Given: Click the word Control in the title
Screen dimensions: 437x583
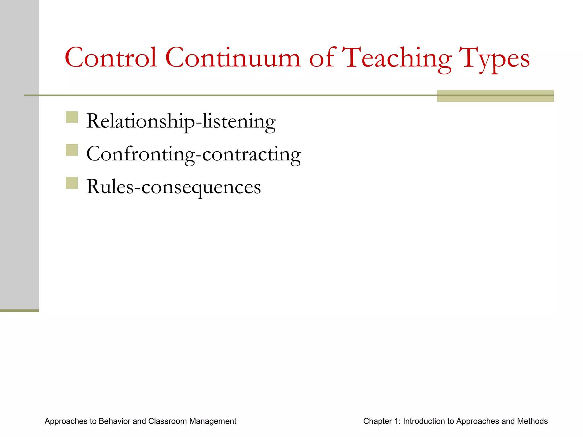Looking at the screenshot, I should tap(111, 58).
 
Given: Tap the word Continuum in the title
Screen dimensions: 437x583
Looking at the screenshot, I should tap(233, 58).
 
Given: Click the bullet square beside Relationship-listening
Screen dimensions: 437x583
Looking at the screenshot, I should tap(72, 117).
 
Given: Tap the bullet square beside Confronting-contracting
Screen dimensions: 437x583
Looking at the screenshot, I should tap(72, 150).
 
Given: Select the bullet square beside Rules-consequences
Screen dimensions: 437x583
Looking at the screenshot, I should tap(72, 183).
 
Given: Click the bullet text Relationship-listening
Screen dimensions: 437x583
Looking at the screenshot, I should tap(181, 121).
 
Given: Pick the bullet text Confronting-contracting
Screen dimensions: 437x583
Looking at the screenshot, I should tap(194, 154).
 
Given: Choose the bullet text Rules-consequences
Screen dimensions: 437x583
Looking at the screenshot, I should tap(173, 187).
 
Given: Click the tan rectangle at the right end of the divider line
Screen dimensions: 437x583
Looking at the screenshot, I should tap(495, 96).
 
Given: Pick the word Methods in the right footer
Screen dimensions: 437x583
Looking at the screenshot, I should tap(532, 421).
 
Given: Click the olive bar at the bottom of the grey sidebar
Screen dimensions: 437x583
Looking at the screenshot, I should tap(19, 311).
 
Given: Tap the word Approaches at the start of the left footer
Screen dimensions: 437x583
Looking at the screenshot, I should tap(66, 421).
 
